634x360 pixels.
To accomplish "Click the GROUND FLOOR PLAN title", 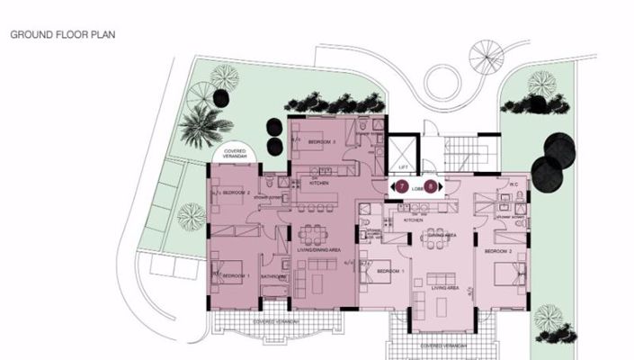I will tap(62, 37).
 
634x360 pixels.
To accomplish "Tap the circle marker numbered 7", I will tap(402, 186).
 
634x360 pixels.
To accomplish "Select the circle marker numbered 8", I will tap(432, 186).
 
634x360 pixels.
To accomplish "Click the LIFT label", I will tap(402, 168).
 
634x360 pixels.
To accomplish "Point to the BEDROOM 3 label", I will tap(321, 143).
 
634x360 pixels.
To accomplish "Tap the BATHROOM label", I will tap(272, 276).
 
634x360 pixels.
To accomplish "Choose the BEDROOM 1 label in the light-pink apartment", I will tap(389, 271).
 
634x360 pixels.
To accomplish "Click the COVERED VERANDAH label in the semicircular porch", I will tap(236, 154).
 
